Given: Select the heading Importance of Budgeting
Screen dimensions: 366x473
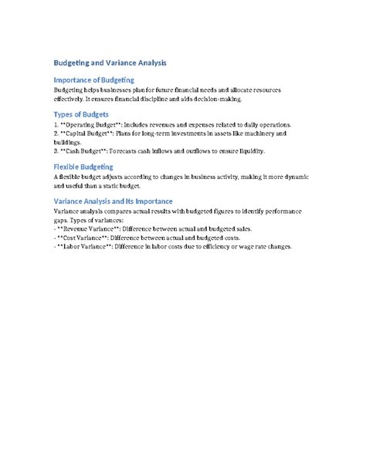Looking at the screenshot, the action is tap(94, 79).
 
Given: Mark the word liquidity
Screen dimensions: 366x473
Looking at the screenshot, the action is tap(249, 151).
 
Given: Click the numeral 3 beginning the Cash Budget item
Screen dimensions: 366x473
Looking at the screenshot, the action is tap(56, 151).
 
